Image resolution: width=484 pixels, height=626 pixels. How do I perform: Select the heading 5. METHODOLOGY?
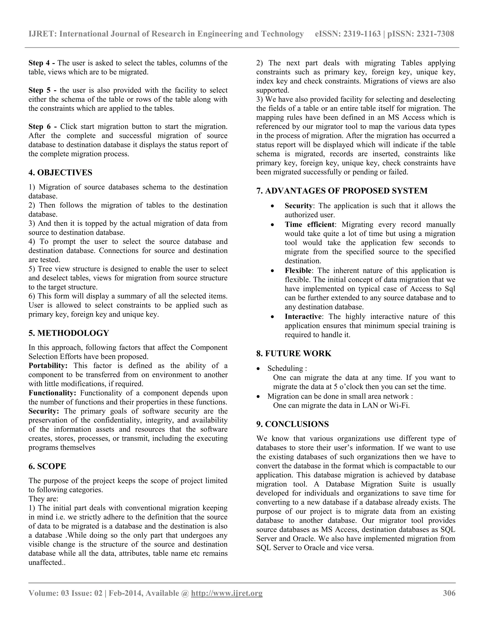point(69,333)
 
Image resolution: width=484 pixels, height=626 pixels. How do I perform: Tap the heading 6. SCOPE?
point(47,466)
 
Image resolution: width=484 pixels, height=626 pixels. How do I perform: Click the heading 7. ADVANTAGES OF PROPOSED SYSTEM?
point(342,191)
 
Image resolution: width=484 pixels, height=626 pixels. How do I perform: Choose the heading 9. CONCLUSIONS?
point(293,424)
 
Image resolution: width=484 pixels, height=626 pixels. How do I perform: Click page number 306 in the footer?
point(449,593)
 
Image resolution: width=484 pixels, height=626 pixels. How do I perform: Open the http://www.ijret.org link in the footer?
point(226,593)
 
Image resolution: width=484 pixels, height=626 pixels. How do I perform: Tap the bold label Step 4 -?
point(42,63)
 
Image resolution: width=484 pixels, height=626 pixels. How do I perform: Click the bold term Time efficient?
point(309,224)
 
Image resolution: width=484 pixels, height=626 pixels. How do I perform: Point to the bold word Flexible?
point(298,270)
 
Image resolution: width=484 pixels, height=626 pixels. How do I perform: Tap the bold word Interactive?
point(303,317)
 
